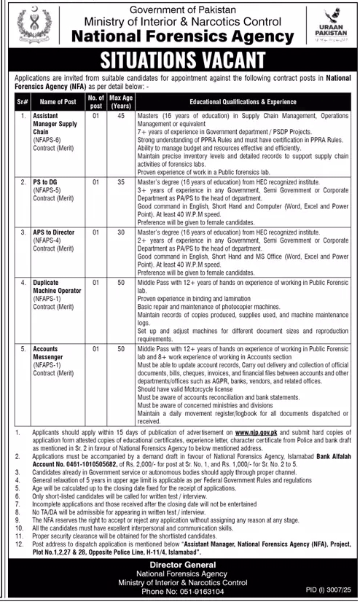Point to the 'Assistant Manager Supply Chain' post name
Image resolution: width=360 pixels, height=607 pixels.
(56, 124)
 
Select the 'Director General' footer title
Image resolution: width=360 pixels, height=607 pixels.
(179, 564)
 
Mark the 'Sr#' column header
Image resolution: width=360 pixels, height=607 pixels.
(22, 101)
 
